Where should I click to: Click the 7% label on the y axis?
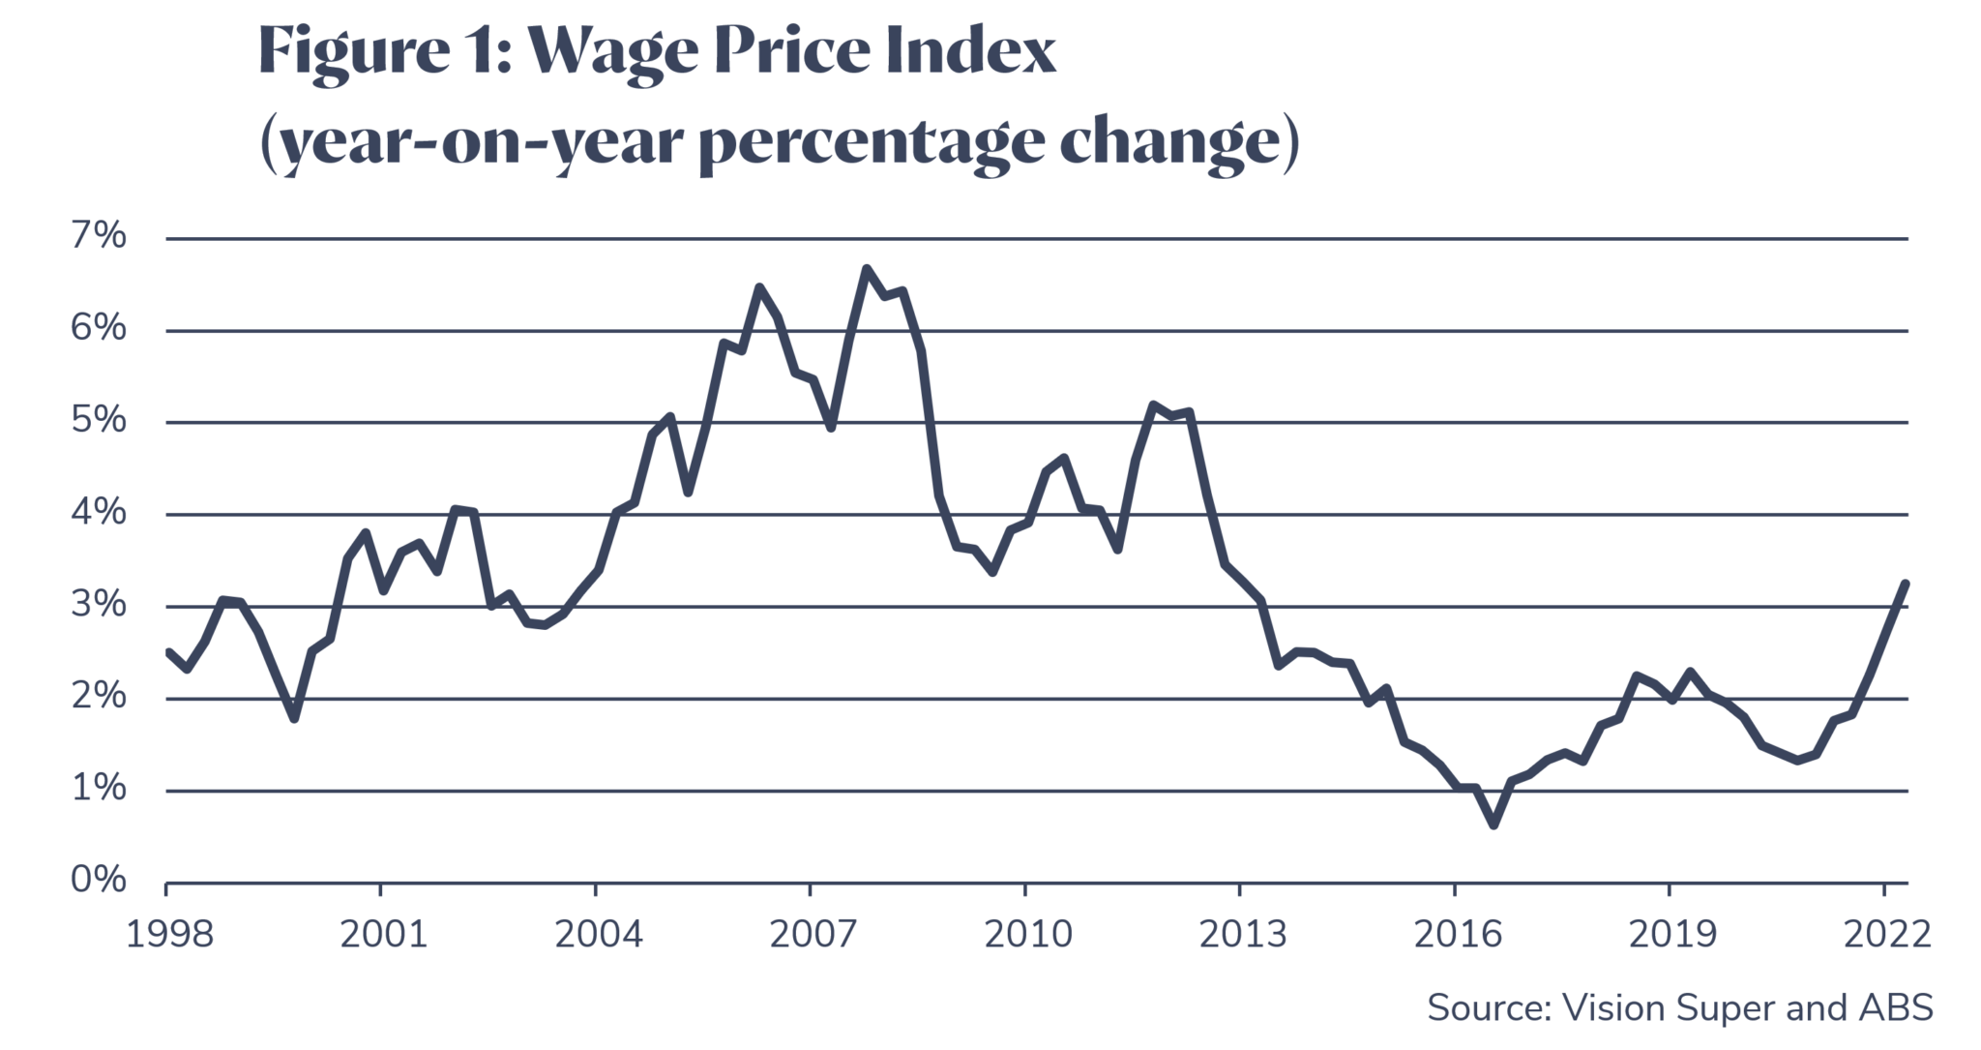point(98,236)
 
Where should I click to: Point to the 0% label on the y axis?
point(98,880)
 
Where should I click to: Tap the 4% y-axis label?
point(98,512)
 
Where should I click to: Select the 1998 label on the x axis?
point(169,934)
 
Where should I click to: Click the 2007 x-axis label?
point(813,934)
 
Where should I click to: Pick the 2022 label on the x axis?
point(1887,934)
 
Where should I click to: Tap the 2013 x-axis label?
point(1243,934)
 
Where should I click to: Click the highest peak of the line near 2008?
point(866,268)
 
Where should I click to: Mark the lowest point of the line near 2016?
point(1493,825)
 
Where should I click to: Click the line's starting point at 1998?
point(167,651)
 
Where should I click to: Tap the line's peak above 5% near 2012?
point(1153,405)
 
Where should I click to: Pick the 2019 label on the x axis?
point(1672,934)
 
